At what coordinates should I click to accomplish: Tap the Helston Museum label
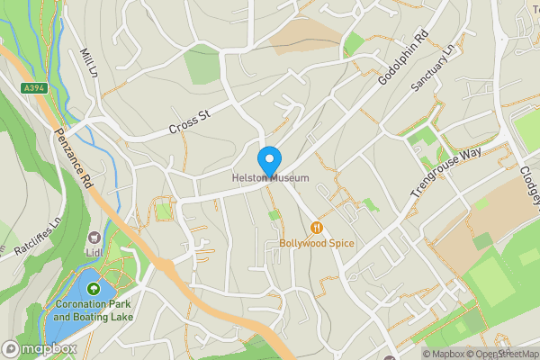click(270, 178)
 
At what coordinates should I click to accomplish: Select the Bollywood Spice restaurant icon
click(316, 228)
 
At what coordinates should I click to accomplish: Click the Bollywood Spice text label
click(317, 243)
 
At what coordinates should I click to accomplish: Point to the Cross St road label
click(189, 123)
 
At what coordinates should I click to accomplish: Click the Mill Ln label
click(88, 63)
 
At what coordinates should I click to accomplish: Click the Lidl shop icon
click(94, 238)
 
